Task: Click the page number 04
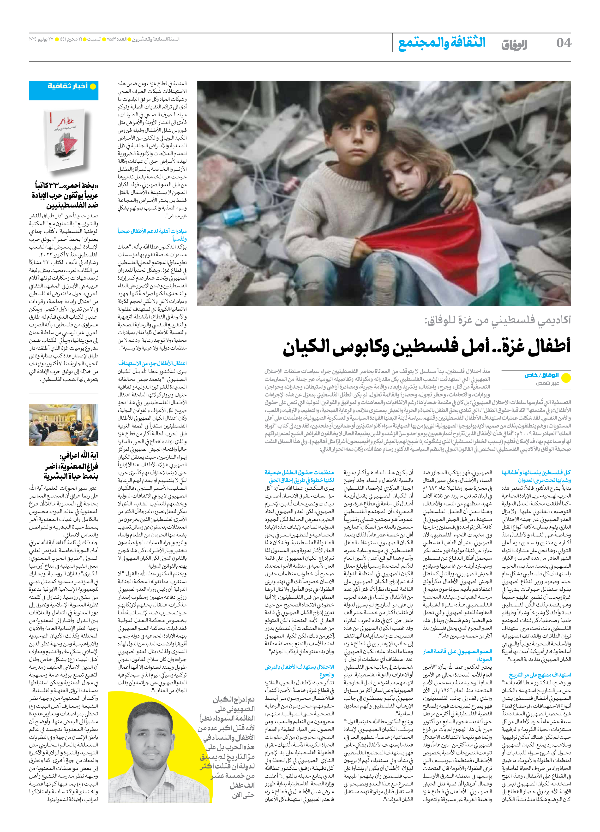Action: click(563, 43)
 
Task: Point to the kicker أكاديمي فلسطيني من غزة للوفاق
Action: click(497, 320)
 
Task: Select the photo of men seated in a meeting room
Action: click(64, 425)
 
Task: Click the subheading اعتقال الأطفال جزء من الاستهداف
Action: click(152, 363)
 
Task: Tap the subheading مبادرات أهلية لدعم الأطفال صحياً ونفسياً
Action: click(152, 235)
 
